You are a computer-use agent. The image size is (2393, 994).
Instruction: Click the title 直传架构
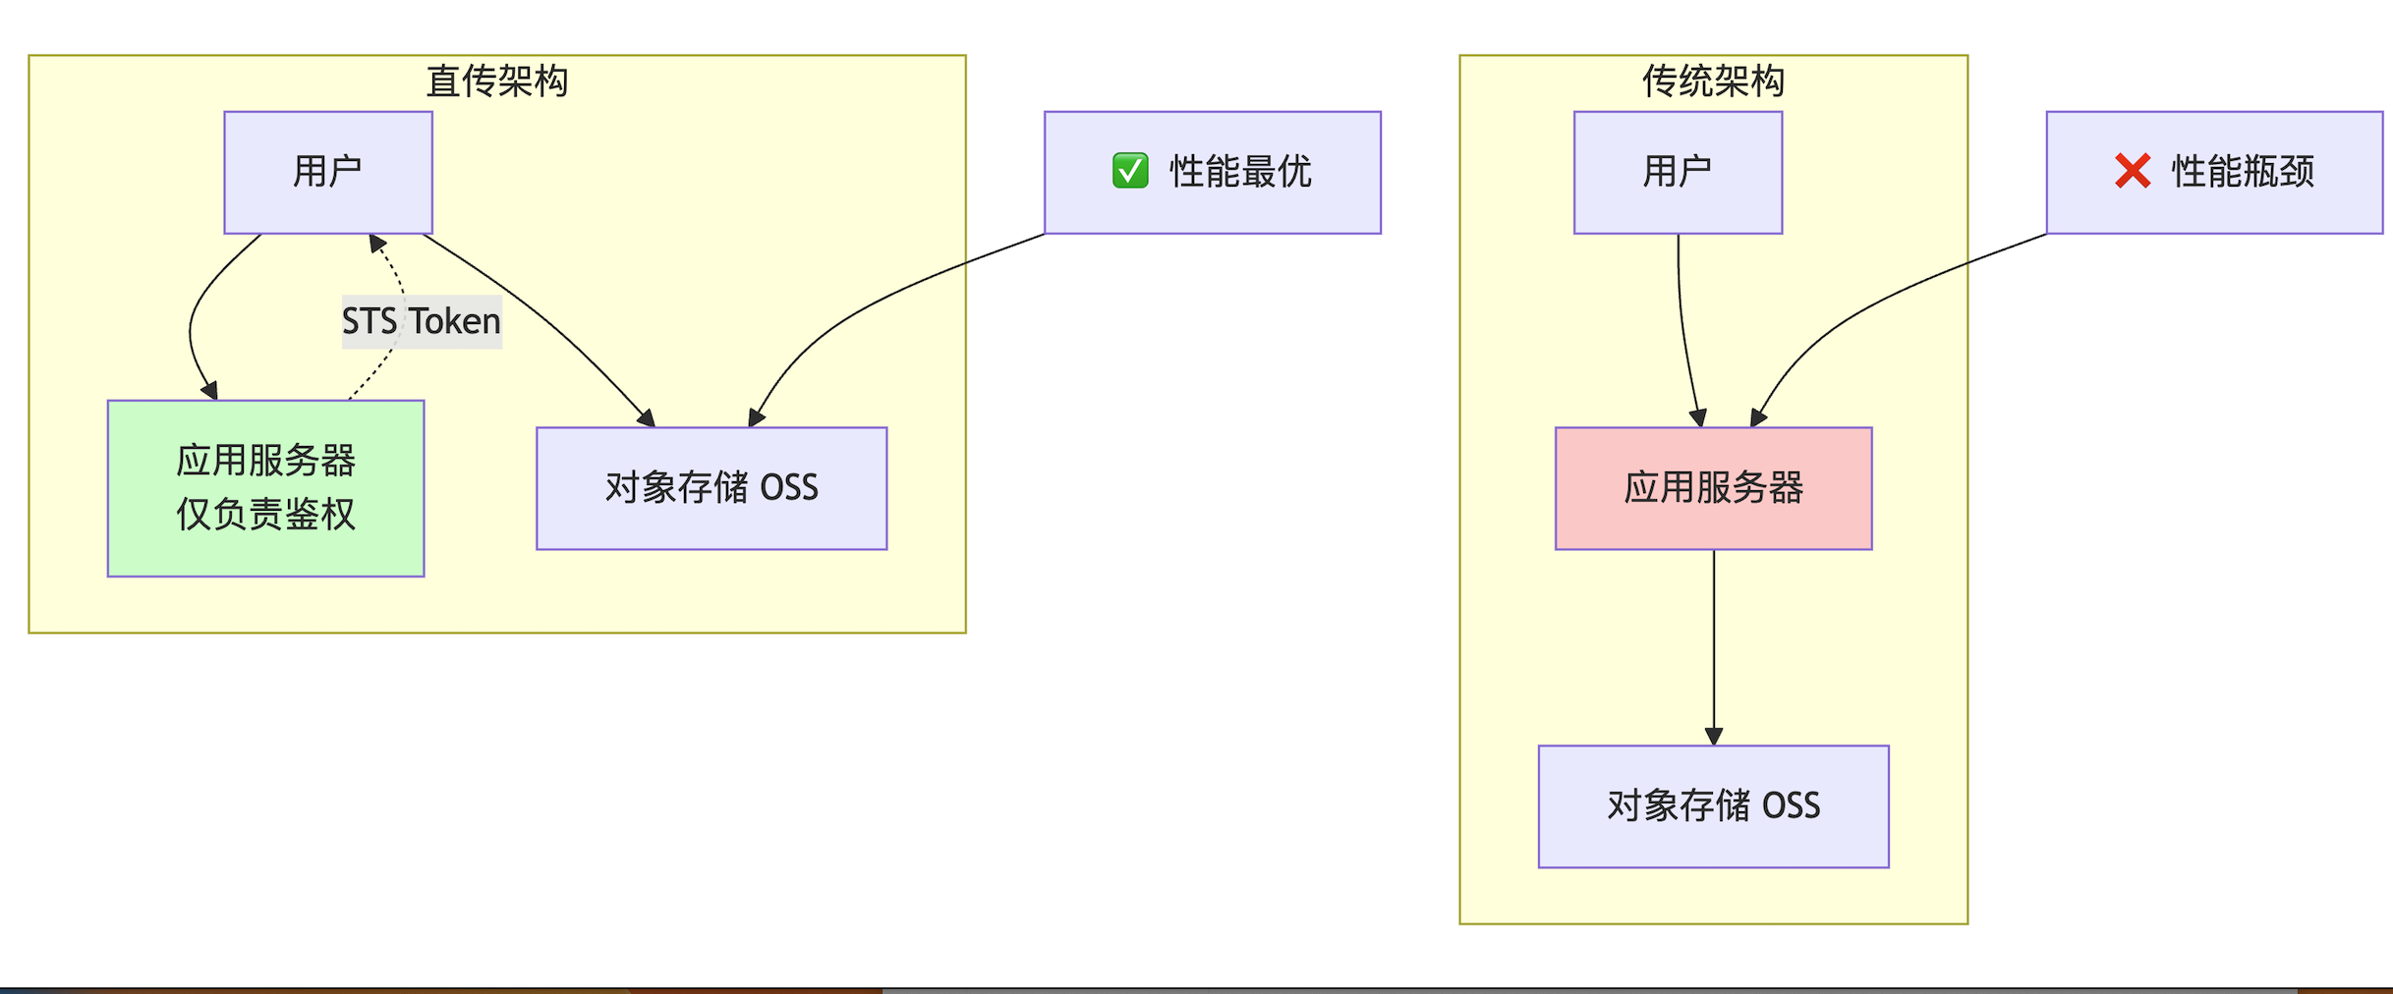coord(496,81)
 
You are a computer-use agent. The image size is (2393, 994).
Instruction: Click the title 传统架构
coord(1713,81)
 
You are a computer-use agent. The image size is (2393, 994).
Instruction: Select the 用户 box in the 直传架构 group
coord(328,172)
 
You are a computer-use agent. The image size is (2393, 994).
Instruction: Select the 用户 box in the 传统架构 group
coord(1678,172)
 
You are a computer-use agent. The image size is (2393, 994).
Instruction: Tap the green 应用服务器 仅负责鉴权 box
coord(265,487)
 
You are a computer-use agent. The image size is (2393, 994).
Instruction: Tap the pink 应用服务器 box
coord(1713,488)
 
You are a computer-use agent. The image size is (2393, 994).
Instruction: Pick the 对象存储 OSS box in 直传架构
coord(712,488)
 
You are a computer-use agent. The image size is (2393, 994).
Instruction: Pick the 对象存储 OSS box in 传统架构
coord(1713,806)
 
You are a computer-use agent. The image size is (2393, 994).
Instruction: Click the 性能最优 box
coord(1212,172)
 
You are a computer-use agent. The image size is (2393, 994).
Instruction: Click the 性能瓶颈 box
coord(2214,172)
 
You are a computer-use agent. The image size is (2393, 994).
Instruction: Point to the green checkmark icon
coord(1130,171)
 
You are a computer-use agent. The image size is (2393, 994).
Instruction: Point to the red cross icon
coord(2133,171)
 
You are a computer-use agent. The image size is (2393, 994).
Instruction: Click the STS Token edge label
coord(422,321)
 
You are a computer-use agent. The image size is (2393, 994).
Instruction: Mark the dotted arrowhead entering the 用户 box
coord(376,243)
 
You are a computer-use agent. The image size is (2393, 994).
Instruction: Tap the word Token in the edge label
coord(455,321)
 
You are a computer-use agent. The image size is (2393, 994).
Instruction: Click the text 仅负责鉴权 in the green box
coord(265,515)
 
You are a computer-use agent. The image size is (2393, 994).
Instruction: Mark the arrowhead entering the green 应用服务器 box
coord(209,391)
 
